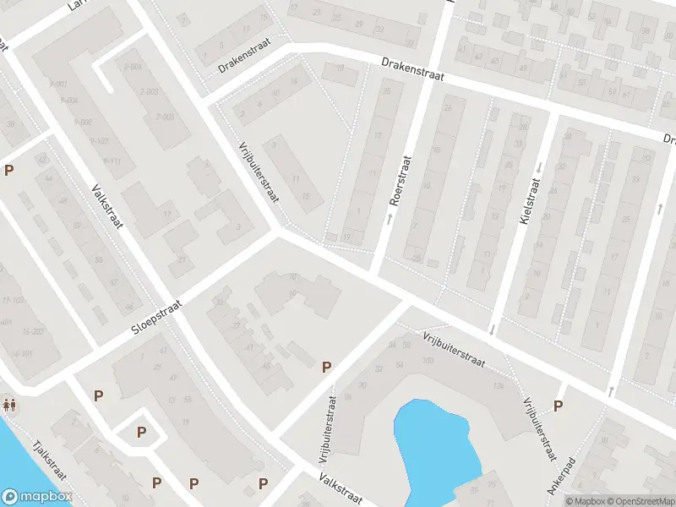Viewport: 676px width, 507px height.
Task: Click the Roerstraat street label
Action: (401, 180)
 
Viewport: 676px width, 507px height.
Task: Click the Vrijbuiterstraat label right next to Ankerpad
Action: (538, 426)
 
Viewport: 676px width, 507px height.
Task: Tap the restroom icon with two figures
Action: (9, 404)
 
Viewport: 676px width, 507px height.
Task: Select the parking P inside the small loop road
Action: (141, 432)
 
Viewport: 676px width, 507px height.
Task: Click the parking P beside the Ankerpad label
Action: (557, 406)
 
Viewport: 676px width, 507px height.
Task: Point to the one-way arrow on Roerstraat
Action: (390, 219)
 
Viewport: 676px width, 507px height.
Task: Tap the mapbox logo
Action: (37, 497)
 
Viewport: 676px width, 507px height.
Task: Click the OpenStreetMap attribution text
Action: (641, 501)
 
